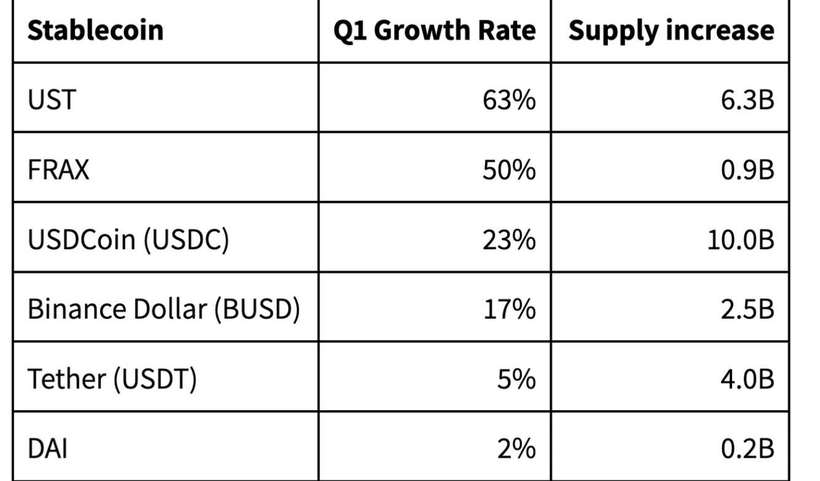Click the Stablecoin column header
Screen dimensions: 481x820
pyautogui.click(x=95, y=30)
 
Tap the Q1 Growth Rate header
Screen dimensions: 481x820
pyautogui.click(x=435, y=30)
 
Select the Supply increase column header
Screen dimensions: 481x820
pyautogui.click(x=671, y=30)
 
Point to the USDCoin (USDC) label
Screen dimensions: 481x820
pyautogui.click(x=128, y=239)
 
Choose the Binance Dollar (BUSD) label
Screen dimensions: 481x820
pyautogui.click(x=164, y=309)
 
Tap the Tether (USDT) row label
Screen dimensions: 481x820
pyautogui.click(x=112, y=379)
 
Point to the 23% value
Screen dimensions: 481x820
pyautogui.click(x=508, y=239)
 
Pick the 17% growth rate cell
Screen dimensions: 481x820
pyautogui.click(x=509, y=309)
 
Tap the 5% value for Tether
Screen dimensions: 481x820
pyautogui.click(x=516, y=379)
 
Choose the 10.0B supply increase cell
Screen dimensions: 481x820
pyautogui.click(x=739, y=239)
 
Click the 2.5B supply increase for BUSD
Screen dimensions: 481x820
pyautogui.click(x=747, y=309)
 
